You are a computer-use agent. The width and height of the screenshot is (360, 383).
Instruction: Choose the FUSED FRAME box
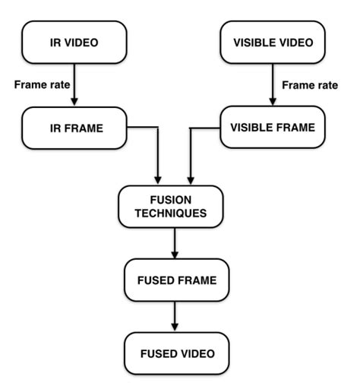[175, 280]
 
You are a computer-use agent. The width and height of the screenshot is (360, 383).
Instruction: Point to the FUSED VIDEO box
[175, 353]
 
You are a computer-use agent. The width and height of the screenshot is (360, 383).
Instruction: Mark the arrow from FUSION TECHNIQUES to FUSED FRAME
[175, 243]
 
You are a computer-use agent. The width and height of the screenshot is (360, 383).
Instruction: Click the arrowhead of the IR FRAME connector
[157, 179]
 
